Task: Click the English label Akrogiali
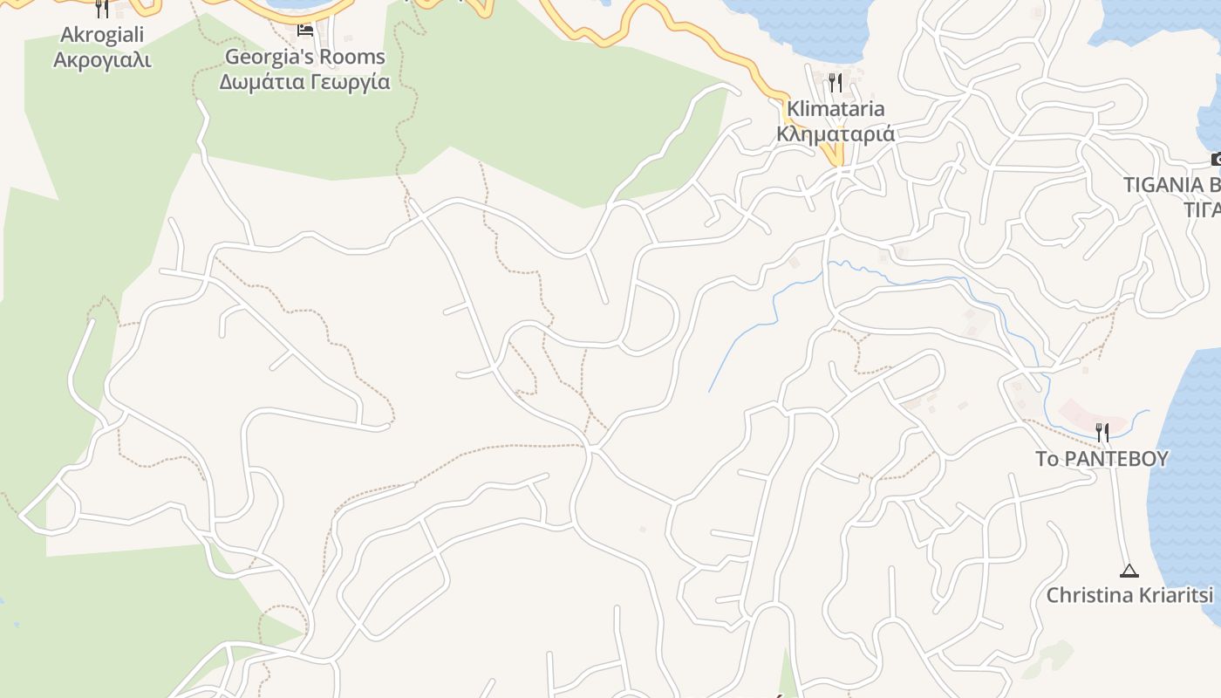click(102, 35)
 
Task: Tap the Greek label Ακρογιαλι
click(102, 60)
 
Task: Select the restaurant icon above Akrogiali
click(102, 9)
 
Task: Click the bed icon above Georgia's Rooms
click(304, 31)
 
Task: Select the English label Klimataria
click(836, 109)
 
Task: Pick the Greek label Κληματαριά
click(836, 134)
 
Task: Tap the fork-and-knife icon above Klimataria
click(835, 83)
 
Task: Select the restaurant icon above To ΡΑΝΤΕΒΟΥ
click(1102, 431)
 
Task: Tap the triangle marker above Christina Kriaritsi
click(1129, 571)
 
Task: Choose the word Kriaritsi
click(1178, 595)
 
